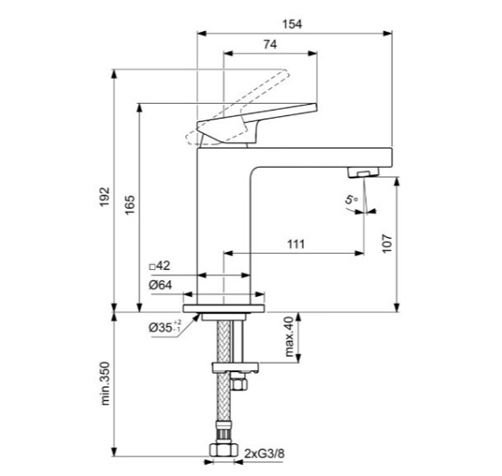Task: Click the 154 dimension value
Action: (x=292, y=24)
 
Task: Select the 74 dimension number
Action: (x=270, y=44)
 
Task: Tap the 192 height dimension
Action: (x=105, y=196)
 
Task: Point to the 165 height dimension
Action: (x=130, y=205)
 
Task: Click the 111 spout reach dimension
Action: (x=296, y=244)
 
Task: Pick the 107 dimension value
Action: (x=387, y=243)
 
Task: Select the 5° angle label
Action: (x=351, y=199)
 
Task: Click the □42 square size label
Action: (x=160, y=266)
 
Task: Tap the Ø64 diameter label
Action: (x=160, y=285)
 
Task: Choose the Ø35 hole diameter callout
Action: (x=164, y=327)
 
